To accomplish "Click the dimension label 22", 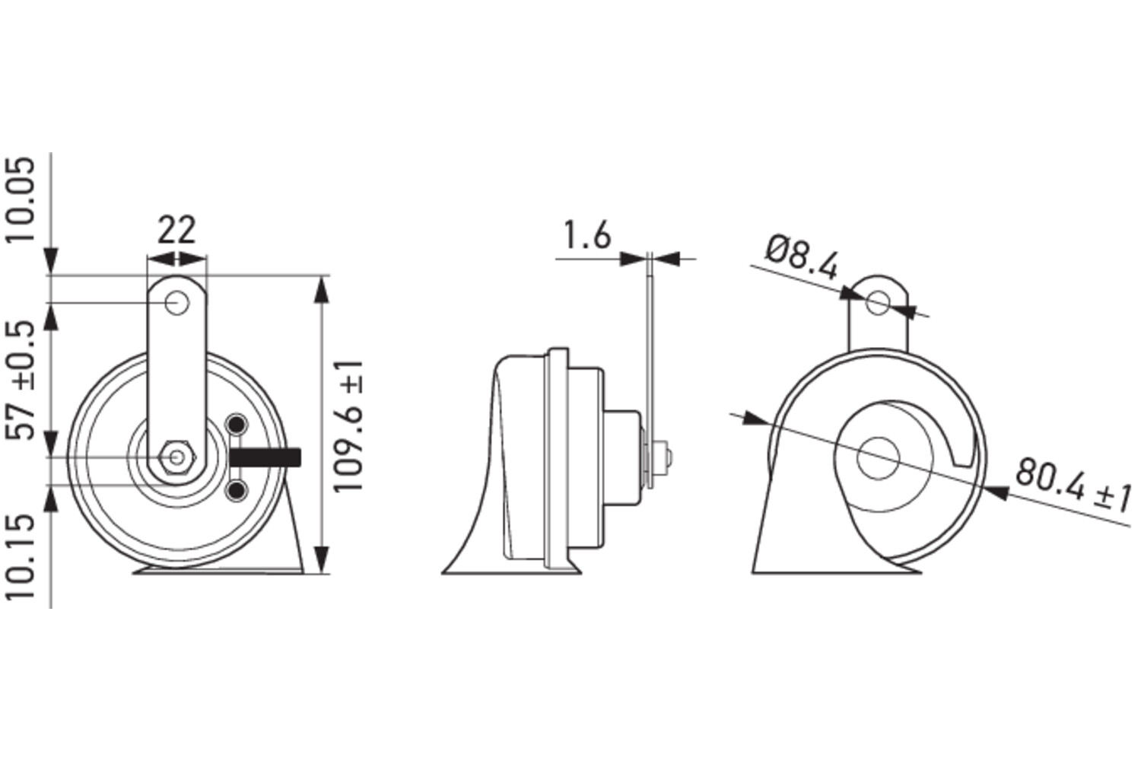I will (x=176, y=229).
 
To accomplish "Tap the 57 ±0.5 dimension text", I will (x=23, y=380).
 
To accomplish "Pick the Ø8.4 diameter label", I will (x=802, y=258).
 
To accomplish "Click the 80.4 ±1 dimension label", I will (x=1073, y=486).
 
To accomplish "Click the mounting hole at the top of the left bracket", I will (x=177, y=304).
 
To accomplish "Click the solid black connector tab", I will (x=265, y=457).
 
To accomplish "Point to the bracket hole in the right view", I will (x=878, y=301).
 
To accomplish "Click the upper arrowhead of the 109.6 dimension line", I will (x=322, y=290).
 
